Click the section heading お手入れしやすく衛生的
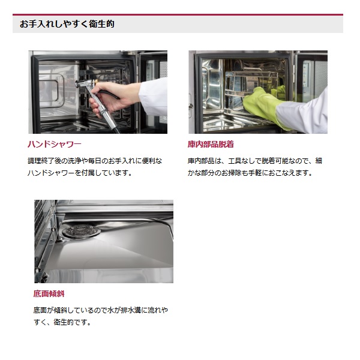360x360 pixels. coord(67,24)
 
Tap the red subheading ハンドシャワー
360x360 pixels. coord(55,144)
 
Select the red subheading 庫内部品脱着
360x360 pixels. coord(211,144)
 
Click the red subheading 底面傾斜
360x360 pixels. coord(49,293)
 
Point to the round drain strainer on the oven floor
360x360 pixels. coord(81,231)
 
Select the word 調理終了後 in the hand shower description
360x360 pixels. coord(41,161)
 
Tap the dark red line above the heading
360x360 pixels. coord(178,14)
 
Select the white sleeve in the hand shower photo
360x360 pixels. coord(154,97)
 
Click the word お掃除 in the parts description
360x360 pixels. coord(231,173)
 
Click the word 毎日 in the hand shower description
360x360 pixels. coord(95,161)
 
